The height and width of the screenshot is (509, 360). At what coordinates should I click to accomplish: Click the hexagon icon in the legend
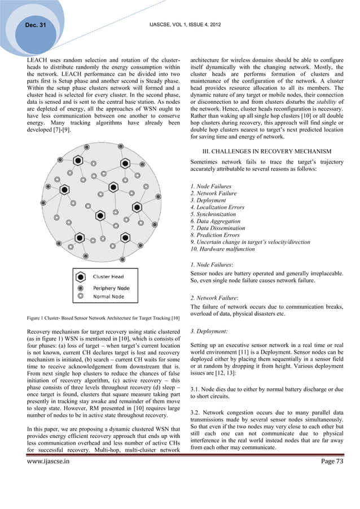click(81, 277)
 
